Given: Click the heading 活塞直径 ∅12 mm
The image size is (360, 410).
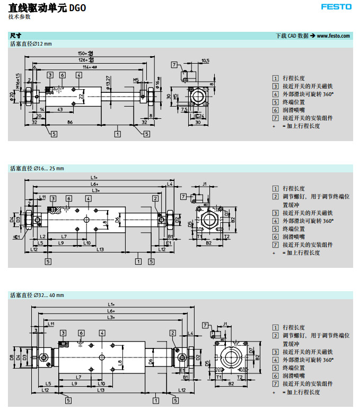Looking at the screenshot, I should tap(31, 43).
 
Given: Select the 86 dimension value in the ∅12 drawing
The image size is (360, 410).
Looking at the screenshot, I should tap(70, 122).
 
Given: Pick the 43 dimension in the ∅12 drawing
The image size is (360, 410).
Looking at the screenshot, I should tap(61, 109).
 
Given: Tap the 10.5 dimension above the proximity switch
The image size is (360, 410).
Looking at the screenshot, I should tap(205, 60).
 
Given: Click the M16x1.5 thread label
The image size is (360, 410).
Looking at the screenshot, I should tap(17, 81).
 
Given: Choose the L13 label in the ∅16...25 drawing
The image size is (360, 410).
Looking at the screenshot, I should tap(100, 249).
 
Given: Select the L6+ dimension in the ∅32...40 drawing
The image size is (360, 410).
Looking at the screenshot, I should tap(111, 311).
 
